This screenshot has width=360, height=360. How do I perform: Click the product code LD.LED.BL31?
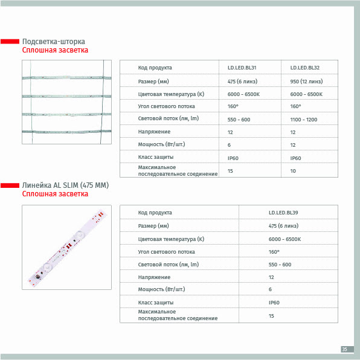point(242,68)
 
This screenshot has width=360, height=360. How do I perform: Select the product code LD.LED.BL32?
point(304,68)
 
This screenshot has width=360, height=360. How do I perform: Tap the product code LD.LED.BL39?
point(283,213)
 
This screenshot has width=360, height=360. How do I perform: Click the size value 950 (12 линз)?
point(306,82)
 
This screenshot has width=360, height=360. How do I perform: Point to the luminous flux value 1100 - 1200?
point(303,120)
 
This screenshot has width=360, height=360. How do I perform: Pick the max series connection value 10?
point(293,171)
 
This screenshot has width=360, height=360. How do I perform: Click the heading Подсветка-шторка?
point(54,42)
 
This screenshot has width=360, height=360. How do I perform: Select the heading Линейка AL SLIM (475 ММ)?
point(65,185)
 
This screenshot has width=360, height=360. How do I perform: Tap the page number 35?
point(344,349)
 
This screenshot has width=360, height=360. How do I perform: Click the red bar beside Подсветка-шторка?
point(10,41)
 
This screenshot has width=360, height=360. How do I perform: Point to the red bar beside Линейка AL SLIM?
point(10,185)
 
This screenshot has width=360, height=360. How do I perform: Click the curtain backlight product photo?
point(66,102)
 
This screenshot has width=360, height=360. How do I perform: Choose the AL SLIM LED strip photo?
point(66,247)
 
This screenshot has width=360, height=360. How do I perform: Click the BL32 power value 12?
point(293,145)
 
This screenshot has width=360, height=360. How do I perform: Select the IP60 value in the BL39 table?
point(274,303)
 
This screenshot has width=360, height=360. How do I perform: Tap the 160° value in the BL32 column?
point(295,106)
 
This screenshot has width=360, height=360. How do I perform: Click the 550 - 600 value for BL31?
point(239,120)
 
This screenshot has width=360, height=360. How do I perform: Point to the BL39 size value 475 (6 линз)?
point(283,226)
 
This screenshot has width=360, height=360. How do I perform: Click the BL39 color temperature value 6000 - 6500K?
point(284,239)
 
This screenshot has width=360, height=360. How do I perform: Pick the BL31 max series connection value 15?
point(230,171)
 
